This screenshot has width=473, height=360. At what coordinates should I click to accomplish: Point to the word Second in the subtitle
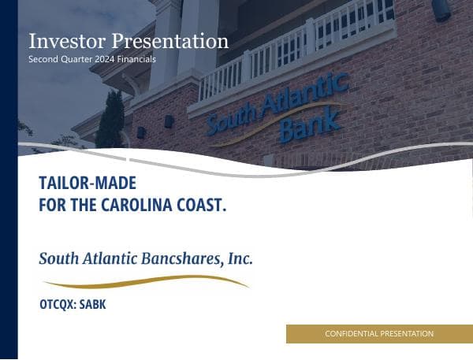pos(43,59)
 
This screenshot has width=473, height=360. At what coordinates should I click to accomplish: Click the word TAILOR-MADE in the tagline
pos(88,184)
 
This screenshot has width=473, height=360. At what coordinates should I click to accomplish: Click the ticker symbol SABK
pos(92,304)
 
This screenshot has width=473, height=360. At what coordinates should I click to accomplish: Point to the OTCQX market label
pos(57,304)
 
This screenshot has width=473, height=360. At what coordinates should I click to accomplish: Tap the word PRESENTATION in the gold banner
pos(407,334)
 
